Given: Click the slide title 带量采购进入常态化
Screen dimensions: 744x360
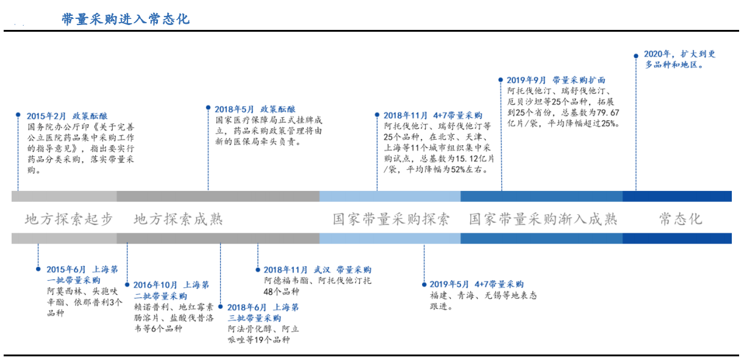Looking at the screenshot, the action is click(126, 20).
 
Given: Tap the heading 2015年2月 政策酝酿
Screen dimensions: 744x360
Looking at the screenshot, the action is click(67, 116).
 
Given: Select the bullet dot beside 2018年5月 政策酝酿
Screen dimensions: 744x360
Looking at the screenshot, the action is click(208, 107).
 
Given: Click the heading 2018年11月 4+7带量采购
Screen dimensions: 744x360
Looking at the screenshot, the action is click(433, 115).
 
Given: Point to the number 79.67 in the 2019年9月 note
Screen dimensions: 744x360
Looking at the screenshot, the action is click(608, 112).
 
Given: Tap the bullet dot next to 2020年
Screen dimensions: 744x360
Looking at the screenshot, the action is click(635, 56).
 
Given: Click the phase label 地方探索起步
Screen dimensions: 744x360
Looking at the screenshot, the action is click(69, 220).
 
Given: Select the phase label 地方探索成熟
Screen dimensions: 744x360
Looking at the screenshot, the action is click(178, 220).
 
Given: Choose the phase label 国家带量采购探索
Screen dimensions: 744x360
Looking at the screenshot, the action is click(392, 220).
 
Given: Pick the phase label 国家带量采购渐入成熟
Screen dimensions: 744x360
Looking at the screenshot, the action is click(543, 220).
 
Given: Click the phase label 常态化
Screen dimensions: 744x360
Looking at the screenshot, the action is click(681, 220).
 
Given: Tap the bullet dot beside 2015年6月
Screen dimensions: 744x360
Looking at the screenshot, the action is click(38, 269).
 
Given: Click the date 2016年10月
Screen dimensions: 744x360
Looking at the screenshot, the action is click(156, 285).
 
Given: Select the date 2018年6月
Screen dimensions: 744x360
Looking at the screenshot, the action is click(247, 308).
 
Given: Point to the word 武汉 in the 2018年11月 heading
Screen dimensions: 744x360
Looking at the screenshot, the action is click(322, 270).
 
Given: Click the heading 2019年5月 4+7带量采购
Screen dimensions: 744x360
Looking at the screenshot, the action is click(477, 284).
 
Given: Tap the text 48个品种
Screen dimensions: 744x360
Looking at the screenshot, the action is click(281, 292).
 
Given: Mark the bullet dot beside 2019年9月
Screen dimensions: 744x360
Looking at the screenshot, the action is click(501, 80).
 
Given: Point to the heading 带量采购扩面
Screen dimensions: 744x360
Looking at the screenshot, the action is click(579, 80).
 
